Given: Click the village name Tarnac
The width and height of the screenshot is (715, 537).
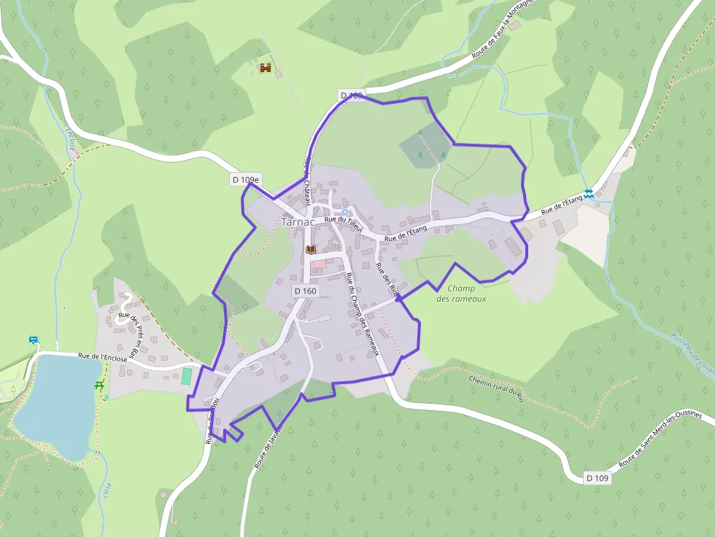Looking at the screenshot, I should click(298, 222).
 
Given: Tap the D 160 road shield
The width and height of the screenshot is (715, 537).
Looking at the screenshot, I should click(306, 291).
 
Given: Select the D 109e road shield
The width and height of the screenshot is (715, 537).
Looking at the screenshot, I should click(247, 179).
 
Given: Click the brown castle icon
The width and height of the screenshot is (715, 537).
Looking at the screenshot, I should click(266, 68).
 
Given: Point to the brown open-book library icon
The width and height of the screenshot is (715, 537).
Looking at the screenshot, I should click(311, 249).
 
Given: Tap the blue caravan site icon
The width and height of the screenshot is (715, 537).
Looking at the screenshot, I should click(34, 340).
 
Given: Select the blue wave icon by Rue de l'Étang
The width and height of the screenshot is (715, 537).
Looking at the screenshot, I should click(588, 193).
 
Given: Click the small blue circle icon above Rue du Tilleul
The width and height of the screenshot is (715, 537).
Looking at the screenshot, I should click(345, 212).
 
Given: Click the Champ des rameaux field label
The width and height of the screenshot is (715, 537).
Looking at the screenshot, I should click(460, 293).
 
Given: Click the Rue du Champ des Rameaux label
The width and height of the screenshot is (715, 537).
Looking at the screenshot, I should click(363, 313).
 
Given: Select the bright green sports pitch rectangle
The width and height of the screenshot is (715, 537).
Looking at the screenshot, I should click(187, 377).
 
